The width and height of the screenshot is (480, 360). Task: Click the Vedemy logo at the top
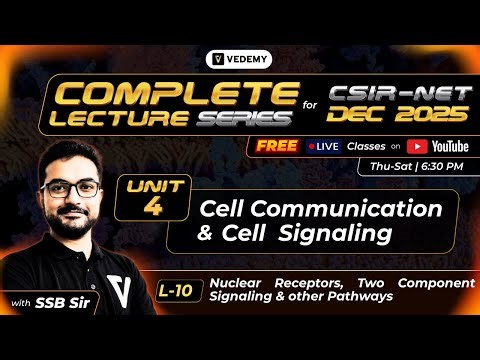point(239,59)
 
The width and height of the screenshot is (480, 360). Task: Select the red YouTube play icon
point(414,146)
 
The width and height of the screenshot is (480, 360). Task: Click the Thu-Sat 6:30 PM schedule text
point(413,167)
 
